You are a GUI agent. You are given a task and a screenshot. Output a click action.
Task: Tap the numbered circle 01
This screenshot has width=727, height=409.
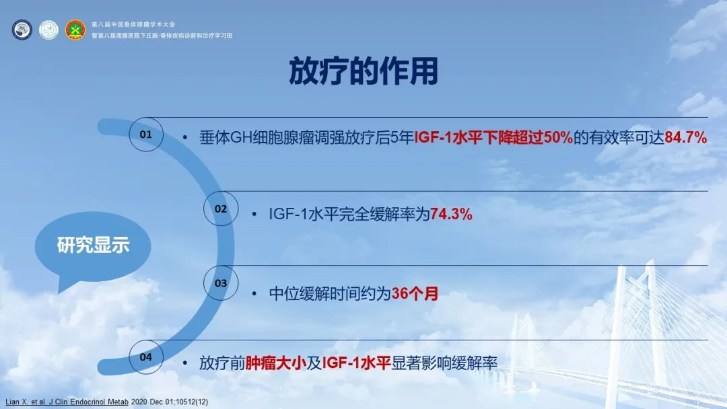point(146,135)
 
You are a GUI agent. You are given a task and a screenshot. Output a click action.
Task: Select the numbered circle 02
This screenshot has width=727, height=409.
point(221,209)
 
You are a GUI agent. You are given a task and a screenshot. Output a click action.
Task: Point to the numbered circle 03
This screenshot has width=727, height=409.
point(221,283)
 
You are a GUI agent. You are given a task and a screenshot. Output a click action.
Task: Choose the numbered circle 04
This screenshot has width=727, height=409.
point(146,357)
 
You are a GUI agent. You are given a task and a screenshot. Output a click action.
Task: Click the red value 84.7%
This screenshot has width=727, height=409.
point(686,138)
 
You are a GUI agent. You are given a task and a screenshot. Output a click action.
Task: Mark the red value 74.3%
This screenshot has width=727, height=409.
point(451,214)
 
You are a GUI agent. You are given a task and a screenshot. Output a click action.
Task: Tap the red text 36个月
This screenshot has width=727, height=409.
point(415,293)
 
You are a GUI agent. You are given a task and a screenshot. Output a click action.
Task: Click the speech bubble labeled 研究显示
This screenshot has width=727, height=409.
point(93,246)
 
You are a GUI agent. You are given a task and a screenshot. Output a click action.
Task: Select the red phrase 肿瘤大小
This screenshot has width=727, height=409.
point(276,363)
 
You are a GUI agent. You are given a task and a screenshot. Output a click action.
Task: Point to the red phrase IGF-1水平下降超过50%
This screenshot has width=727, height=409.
point(493,138)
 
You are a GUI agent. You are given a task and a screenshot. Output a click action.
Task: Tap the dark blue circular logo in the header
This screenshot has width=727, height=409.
point(22,30)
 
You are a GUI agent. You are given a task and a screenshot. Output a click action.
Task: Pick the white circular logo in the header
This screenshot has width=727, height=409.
point(48,30)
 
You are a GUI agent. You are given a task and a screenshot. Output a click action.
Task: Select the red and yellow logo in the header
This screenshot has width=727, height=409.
point(75,30)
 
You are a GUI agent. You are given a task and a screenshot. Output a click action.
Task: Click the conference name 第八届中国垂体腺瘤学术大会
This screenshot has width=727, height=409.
point(133,24)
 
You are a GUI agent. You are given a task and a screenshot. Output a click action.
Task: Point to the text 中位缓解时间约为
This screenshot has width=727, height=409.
point(330,293)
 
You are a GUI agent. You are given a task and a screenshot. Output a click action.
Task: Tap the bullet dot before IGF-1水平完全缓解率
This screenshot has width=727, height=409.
point(254,214)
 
